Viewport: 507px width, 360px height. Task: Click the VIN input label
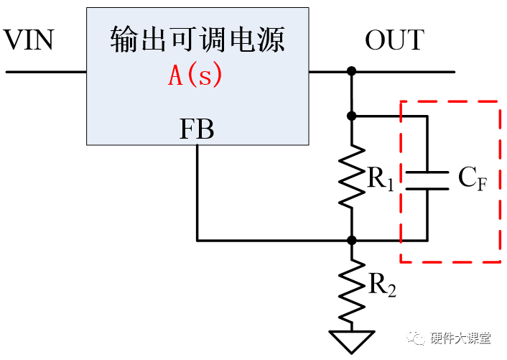(x=29, y=41)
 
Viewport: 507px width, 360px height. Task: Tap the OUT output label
(x=394, y=41)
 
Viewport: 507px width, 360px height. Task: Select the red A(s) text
(x=195, y=75)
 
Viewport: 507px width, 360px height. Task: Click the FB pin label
(x=196, y=130)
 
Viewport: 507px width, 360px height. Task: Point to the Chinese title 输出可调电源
(x=197, y=40)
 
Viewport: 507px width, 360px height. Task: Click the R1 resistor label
(x=381, y=180)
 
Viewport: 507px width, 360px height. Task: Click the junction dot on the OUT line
(x=351, y=72)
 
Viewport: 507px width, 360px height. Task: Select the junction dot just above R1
(x=351, y=115)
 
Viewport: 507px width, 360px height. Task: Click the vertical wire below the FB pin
(x=197, y=190)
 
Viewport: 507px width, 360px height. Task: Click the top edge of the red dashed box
(x=450, y=101)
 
